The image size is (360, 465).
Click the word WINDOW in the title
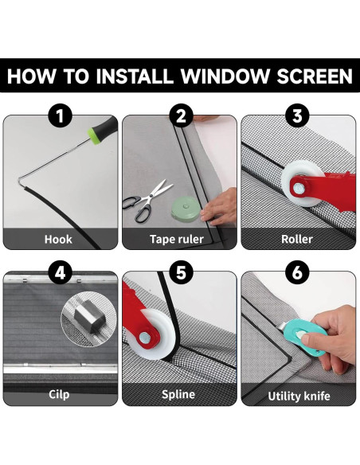[x=225, y=76]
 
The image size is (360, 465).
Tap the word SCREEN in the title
[x=315, y=76]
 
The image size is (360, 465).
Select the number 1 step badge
[x=61, y=115]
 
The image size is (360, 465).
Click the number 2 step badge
[x=181, y=115]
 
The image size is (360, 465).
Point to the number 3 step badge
[x=297, y=115]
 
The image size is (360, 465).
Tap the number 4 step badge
[x=61, y=272]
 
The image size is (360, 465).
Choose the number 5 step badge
[x=181, y=272]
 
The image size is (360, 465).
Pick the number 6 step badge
[x=297, y=272]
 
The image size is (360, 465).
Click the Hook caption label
[x=58, y=240]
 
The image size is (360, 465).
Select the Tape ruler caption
[x=177, y=240]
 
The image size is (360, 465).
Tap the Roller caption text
[x=297, y=240]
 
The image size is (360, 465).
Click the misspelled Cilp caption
[x=59, y=395]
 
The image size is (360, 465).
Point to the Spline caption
[x=178, y=395]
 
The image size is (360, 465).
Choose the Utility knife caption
[x=299, y=397]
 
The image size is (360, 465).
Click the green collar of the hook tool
[x=94, y=136]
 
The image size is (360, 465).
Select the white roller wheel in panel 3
[x=300, y=183]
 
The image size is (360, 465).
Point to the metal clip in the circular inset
[x=90, y=316]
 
